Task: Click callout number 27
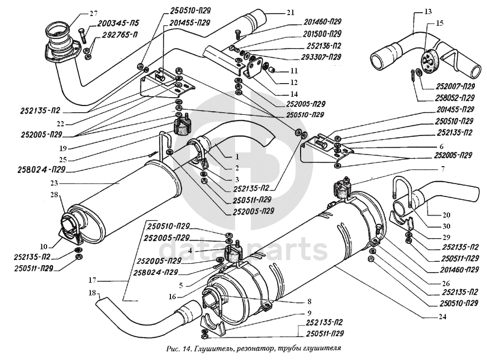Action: click(93, 13)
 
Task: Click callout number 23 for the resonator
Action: click(53, 183)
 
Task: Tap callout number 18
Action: click(92, 293)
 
